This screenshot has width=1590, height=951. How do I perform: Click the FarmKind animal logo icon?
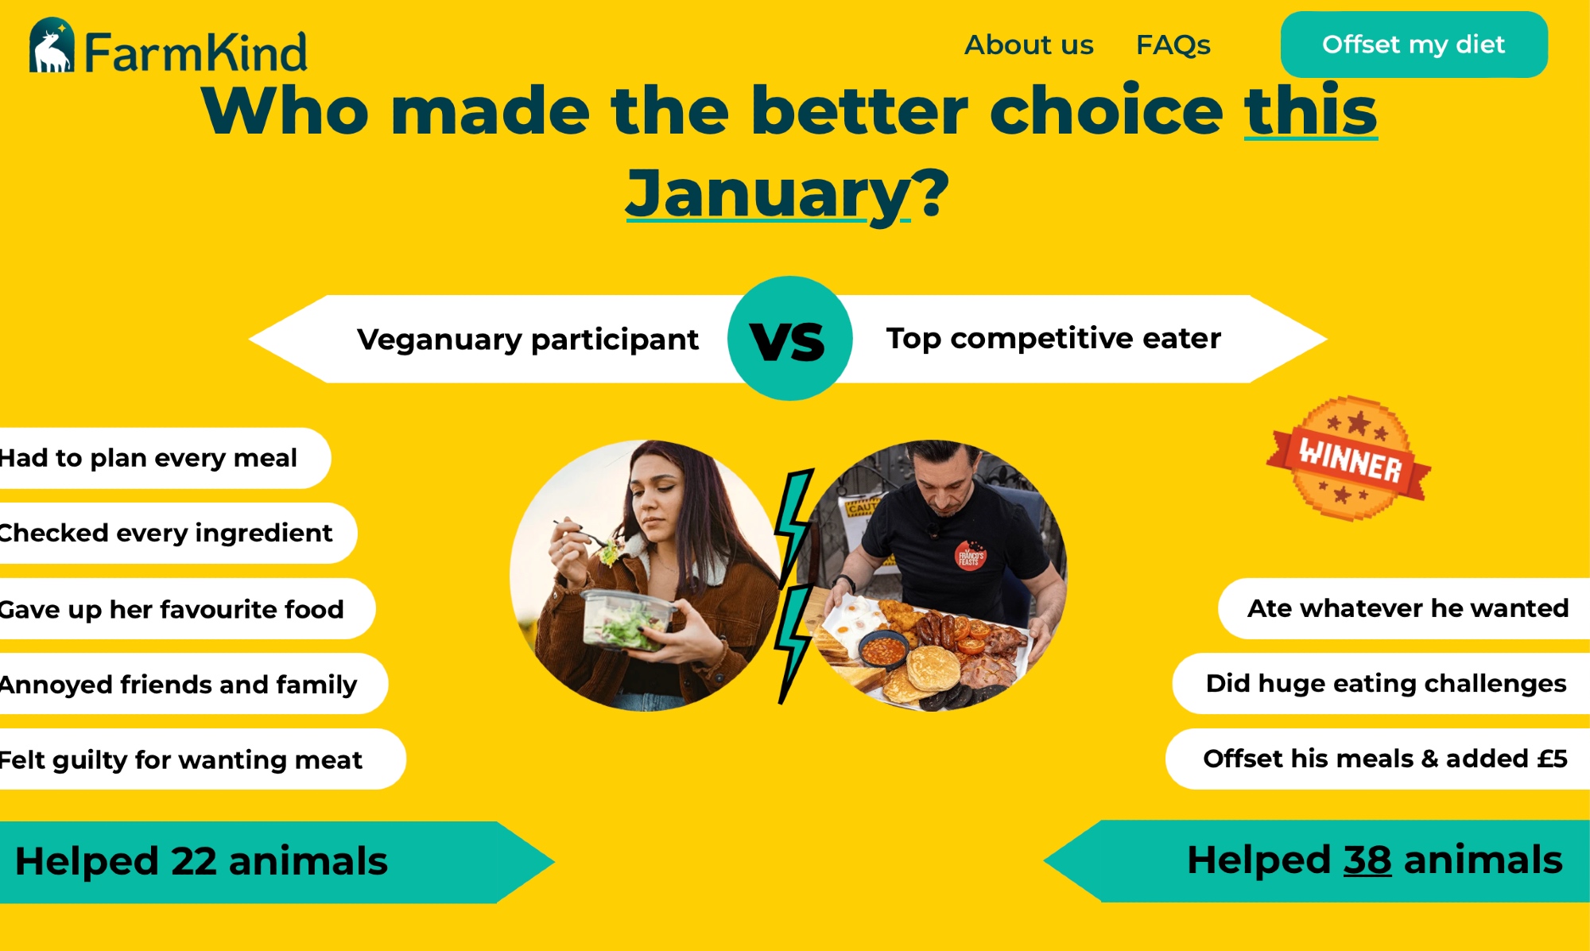[x=52, y=45]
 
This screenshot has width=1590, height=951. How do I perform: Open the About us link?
[x=1029, y=45]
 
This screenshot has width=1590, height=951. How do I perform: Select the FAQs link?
[x=1173, y=45]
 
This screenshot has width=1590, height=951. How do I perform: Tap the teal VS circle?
[x=789, y=339]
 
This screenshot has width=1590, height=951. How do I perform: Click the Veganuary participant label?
[x=528, y=340]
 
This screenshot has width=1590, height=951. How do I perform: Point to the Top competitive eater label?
[x=1053, y=339]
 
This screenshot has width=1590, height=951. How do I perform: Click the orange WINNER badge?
[x=1349, y=459]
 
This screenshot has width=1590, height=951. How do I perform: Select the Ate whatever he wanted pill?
[x=1404, y=608]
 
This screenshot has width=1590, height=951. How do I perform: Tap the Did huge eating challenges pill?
[x=1381, y=683]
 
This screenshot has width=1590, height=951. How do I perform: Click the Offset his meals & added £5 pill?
[x=1378, y=759]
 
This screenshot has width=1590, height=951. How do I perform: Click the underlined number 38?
[x=1367, y=860]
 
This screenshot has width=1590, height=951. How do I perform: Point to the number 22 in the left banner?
[x=193, y=862]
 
